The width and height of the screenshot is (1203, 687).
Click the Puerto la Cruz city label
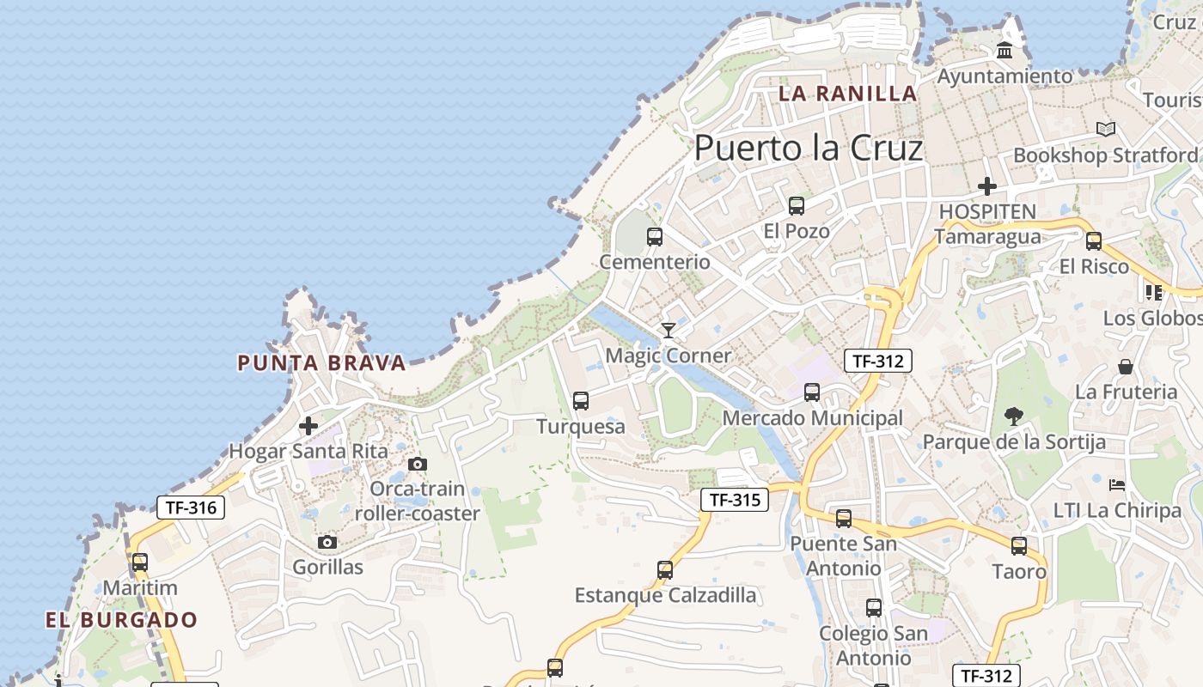(808, 149)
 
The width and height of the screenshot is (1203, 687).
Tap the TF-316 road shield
(191, 508)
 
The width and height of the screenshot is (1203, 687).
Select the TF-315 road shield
(734, 499)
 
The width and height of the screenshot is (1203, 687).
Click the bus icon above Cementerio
(655, 237)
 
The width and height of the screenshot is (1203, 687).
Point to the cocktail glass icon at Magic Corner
(669, 331)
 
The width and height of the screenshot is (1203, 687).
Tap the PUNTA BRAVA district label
(321, 363)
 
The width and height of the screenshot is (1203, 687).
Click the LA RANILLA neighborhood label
(847, 94)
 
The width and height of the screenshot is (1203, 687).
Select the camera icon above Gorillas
(327, 542)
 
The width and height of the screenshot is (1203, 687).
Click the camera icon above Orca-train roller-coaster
(418, 465)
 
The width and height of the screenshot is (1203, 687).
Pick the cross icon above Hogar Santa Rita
(308, 425)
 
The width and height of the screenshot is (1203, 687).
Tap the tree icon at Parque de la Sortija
(1014, 417)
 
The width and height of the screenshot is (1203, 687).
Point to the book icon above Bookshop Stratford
(1105, 130)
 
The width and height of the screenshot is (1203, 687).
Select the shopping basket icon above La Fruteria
(1126, 367)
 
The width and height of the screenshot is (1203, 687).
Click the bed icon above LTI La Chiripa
(1117, 485)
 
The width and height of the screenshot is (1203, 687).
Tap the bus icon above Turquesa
(581, 400)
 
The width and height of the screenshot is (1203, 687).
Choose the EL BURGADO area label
(122, 620)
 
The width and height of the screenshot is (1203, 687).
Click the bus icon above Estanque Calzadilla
(665, 569)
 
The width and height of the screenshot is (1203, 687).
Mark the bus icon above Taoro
(1019, 545)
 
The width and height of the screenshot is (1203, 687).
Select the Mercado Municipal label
(812, 418)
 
